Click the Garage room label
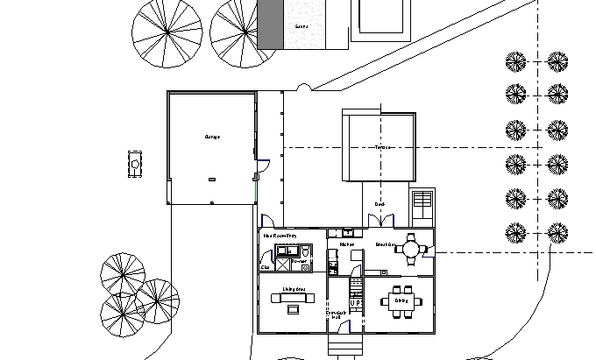pos(212,138)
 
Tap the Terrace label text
pos(382,147)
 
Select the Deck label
pos(380,204)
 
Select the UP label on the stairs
pos(356,302)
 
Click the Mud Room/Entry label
pos(280,236)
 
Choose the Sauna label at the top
pos(302,26)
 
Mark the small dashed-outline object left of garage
pos(136,164)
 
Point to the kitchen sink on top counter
pos(348,232)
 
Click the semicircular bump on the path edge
pos(304,87)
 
